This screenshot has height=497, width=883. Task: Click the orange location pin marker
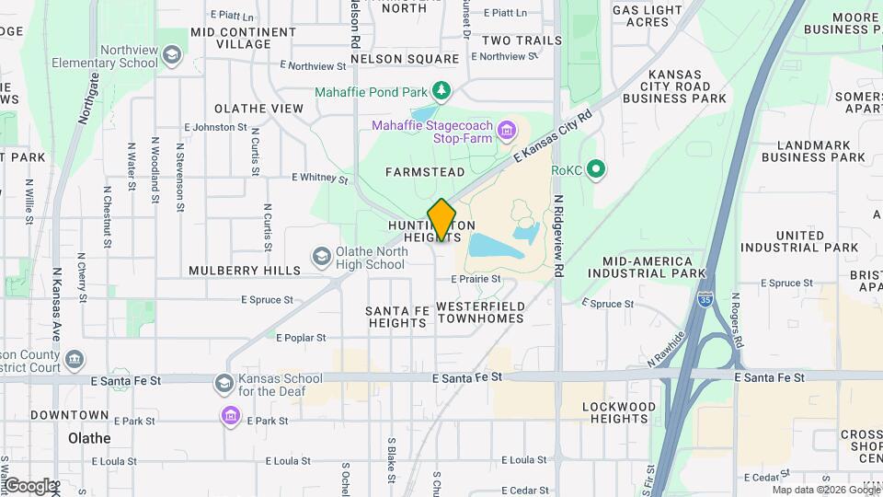(x=442, y=220)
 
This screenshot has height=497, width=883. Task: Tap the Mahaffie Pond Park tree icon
(x=443, y=89)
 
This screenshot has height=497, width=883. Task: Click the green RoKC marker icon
(x=596, y=169)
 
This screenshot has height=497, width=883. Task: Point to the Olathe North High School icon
(x=321, y=255)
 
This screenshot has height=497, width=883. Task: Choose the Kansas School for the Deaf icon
(x=224, y=383)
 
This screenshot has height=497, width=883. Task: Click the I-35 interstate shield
(x=704, y=300)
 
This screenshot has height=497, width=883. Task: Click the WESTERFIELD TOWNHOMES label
(x=479, y=312)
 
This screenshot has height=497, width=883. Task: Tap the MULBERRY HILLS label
(x=245, y=271)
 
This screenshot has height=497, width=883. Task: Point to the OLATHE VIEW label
(x=258, y=109)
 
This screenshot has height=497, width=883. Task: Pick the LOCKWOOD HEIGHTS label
(x=623, y=412)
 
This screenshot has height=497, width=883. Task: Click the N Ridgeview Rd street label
(x=557, y=236)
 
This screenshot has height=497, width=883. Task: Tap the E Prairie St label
(x=476, y=279)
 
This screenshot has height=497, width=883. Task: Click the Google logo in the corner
(x=29, y=485)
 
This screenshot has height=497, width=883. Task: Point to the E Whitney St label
(x=319, y=178)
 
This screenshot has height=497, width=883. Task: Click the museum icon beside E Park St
(x=229, y=417)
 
